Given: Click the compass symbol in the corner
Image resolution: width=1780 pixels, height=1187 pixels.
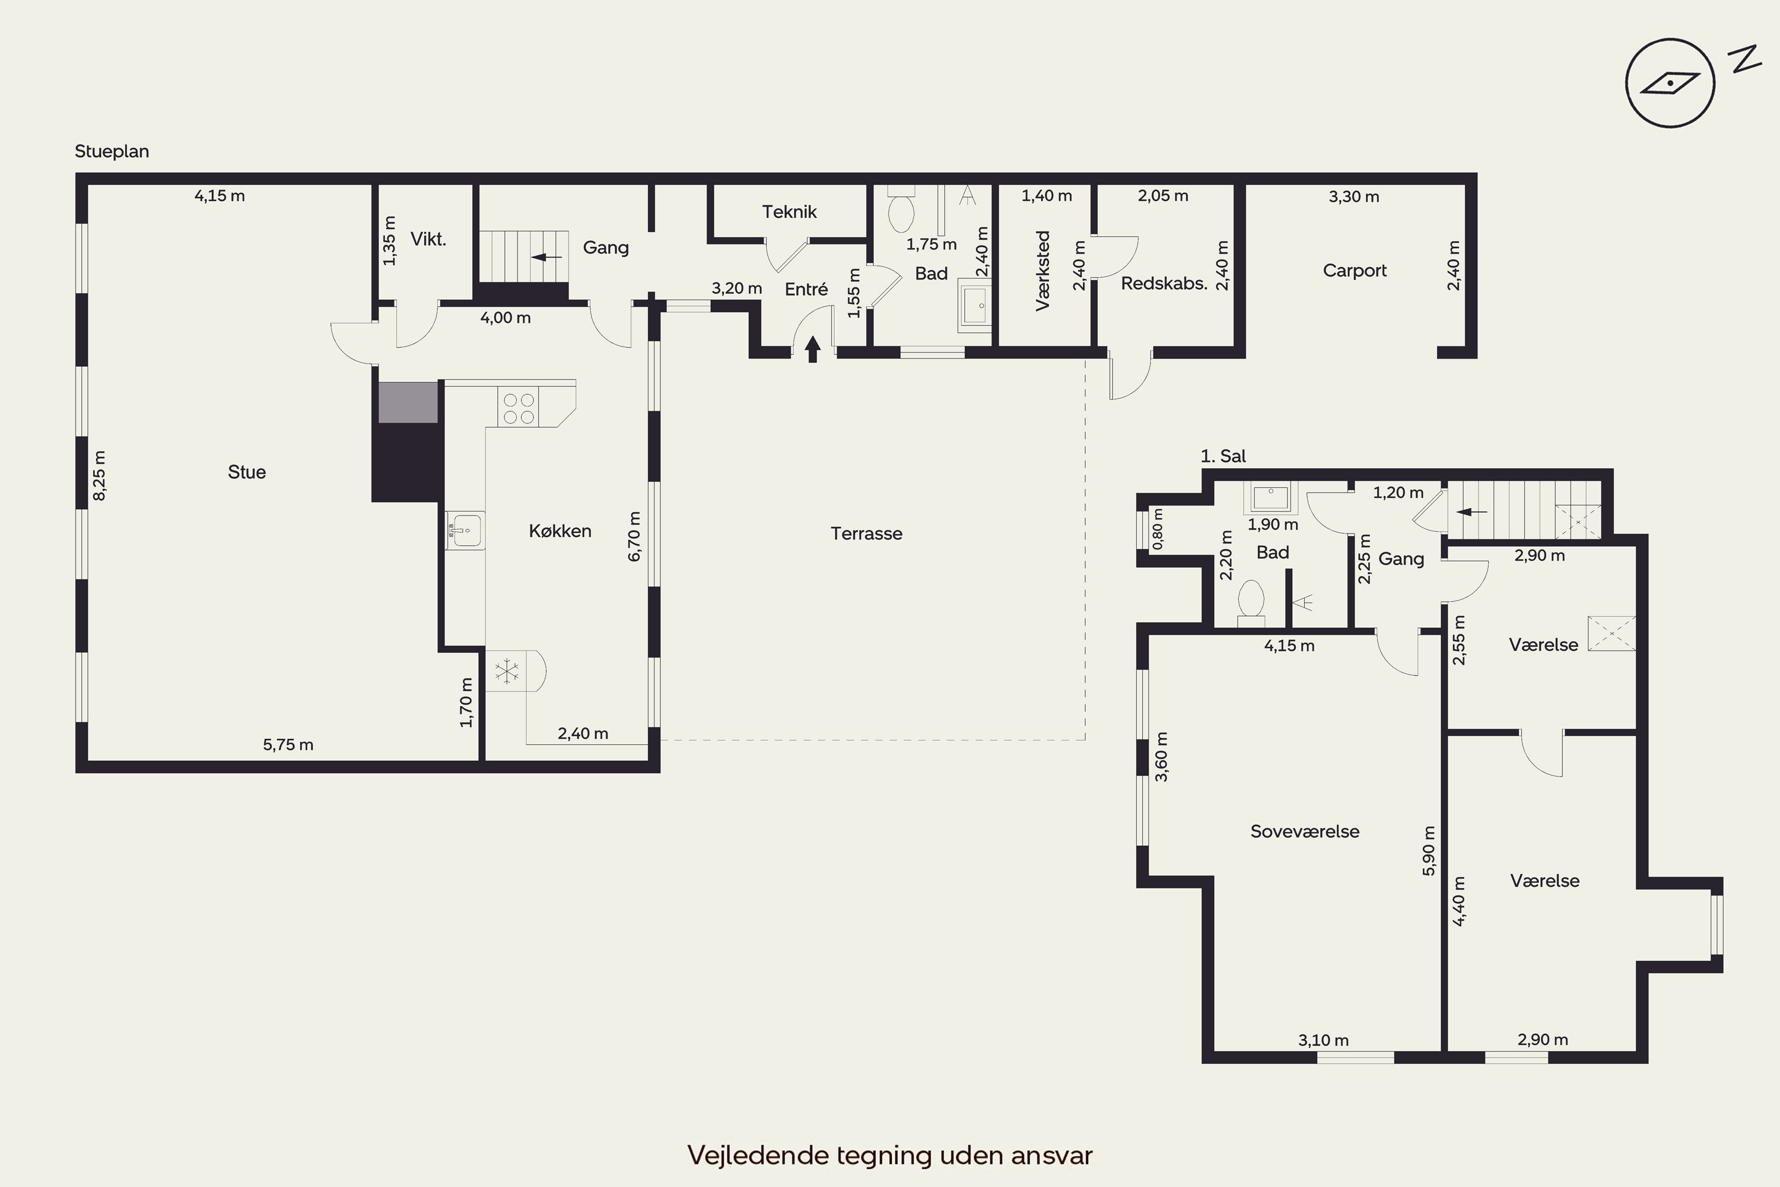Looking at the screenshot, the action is (1670, 82).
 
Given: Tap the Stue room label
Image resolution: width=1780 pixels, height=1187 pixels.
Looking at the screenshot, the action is (247, 472).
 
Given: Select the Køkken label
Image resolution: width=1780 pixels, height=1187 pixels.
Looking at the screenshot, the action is (560, 531).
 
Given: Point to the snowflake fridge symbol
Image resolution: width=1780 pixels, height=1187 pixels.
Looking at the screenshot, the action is (506, 671).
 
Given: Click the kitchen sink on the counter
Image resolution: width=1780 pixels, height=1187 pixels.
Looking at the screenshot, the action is (465, 530).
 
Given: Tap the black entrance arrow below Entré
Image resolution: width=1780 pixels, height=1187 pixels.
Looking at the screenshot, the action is (813, 349).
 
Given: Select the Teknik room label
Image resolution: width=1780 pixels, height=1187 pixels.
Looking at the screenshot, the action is (789, 212).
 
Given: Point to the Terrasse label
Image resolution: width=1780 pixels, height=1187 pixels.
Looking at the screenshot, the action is (866, 534).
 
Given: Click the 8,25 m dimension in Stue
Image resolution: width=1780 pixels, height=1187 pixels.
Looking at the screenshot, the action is (99, 475).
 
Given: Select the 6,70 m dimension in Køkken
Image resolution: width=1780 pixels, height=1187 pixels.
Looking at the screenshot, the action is (634, 537).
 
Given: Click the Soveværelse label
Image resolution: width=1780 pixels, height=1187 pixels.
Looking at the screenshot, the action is (1305, 831).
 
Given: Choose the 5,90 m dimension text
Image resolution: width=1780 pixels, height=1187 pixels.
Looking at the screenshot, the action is (1429, 851).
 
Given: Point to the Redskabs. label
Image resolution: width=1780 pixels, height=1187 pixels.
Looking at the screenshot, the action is (1164, 284).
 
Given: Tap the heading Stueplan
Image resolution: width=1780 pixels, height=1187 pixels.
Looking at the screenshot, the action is (112, 151).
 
